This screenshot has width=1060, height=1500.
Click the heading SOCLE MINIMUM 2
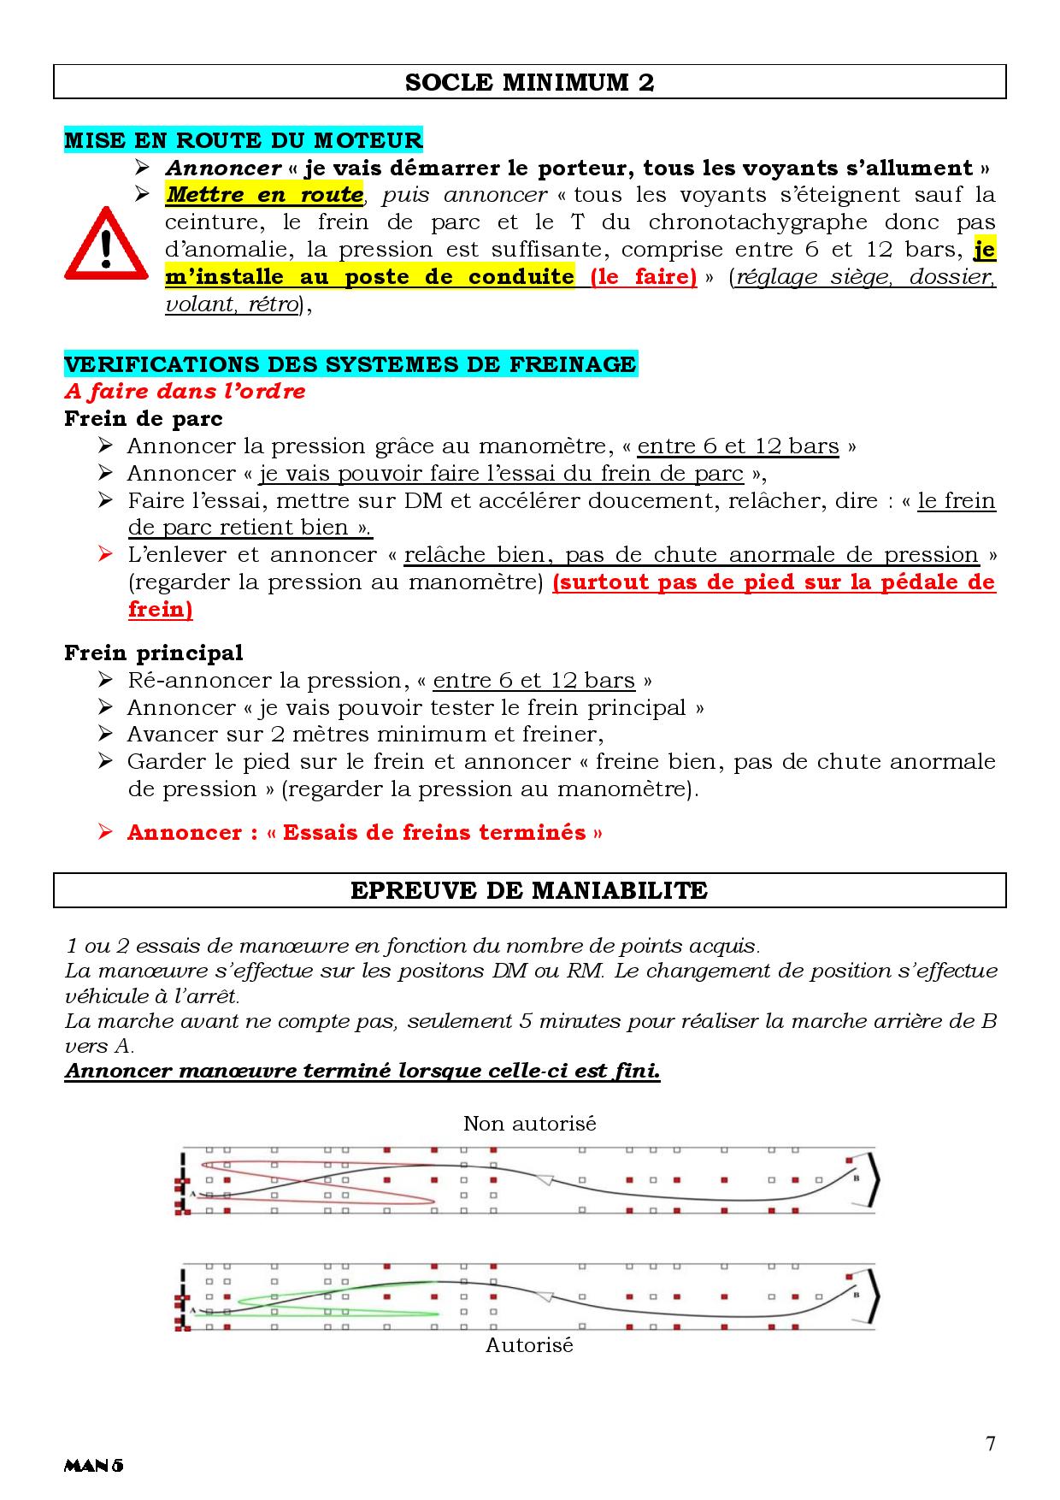(529, 82)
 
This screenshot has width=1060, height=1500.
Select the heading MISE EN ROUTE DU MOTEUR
(244, 139)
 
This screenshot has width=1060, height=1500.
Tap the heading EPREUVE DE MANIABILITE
(529, 890)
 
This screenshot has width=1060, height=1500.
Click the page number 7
(990, 1444)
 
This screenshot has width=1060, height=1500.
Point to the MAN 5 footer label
(94, 1466)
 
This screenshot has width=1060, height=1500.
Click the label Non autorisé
(529, 1123)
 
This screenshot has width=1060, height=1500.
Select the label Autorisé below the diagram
(529, 1345)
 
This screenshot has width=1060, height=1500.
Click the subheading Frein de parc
(144, 418)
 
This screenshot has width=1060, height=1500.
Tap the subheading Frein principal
(154, 653)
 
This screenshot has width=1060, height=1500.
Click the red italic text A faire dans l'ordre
(185, 391)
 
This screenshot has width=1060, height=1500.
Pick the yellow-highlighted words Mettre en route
(264, 194)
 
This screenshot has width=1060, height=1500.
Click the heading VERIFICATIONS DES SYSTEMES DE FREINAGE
(350, 363)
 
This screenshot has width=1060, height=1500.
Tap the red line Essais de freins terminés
(365, 832)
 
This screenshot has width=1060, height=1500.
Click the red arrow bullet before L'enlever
(106, 554)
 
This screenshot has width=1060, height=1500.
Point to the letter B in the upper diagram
(856, 1178)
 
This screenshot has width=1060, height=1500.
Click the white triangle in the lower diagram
(542, 1296)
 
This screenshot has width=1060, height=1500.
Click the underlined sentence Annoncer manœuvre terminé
(362, 1071)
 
